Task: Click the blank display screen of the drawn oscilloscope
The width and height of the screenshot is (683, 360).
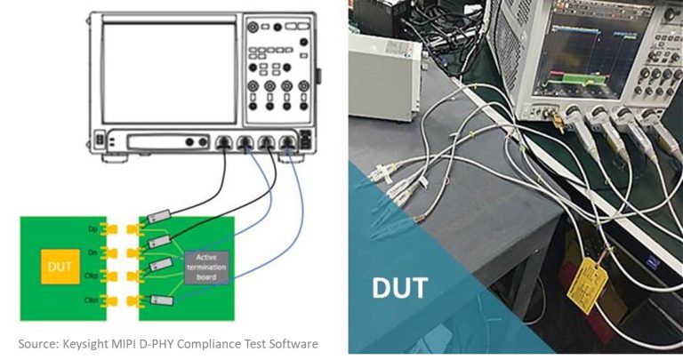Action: pyautogui.click(x=168, y=73)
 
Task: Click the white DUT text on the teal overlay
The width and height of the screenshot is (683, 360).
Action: pyautogui.click(x=398, y=286)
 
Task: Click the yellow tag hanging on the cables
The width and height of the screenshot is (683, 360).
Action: pyautogui.click(x=588, y=282)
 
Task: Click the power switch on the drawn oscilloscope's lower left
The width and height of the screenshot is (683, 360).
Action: pyautogui.click(x=100, y=140)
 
